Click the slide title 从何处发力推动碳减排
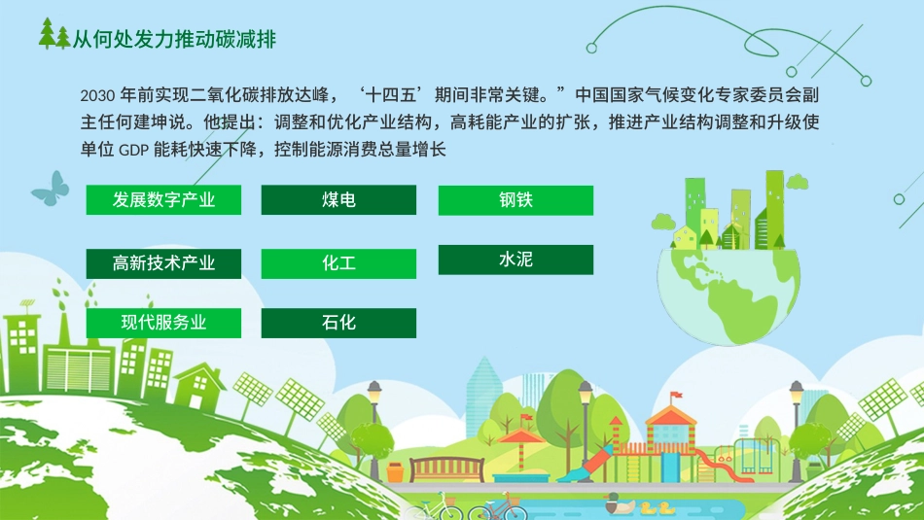point(175,38)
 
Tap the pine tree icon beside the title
point(54,37)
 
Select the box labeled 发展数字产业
point(163,200)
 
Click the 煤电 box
point(338,200)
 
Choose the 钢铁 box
point(515,200)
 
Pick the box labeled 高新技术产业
point(163,262)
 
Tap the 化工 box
point(338,262)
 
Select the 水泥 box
point(515,260)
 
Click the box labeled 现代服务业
point(163,323)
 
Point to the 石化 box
point(338,323)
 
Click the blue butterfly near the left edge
point(51,188)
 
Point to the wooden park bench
point(446,469)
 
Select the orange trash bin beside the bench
point(396,471)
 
